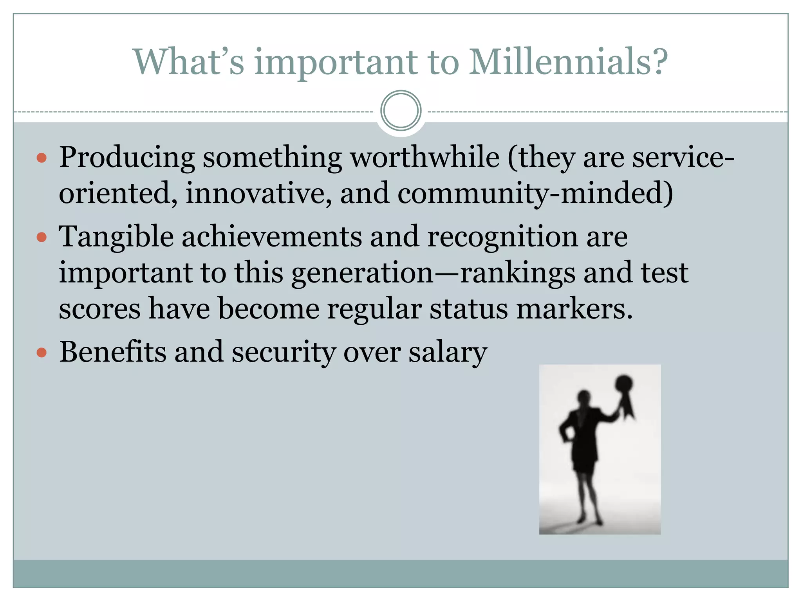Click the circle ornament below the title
[401, 110]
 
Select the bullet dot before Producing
[42, 158]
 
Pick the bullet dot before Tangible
[42, 237]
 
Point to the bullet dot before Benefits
[42, 353]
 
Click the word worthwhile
[424, 157]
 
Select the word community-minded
[535, 194]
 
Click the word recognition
[502, 237]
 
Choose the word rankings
[517, 273]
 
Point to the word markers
[574, 309]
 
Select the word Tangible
[116, 237]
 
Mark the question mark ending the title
[659, 62]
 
